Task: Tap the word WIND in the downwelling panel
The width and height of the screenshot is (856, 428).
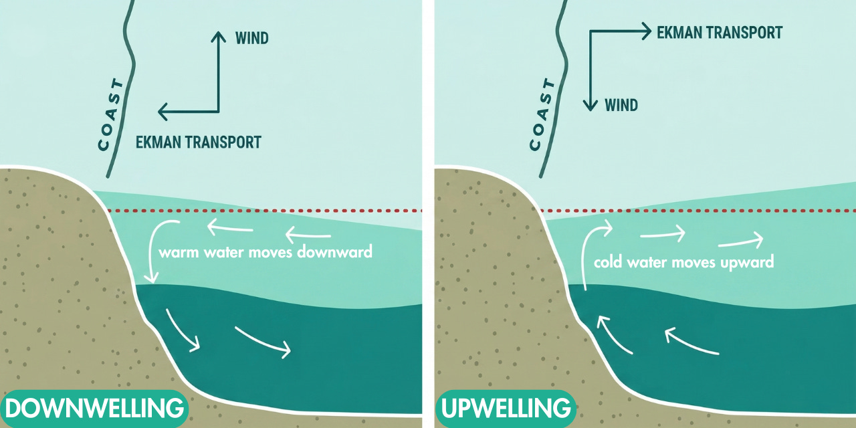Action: coord(251,38)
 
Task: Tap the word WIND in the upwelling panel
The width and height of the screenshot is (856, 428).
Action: coord(621,105)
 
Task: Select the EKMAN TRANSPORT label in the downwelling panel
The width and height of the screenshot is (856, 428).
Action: coord(198,142)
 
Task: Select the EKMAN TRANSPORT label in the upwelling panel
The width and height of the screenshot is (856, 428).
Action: coord(720,32)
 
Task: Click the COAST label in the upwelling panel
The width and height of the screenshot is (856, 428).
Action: coord(543,115)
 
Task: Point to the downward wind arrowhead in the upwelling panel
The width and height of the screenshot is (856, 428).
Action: coord(589,106)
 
